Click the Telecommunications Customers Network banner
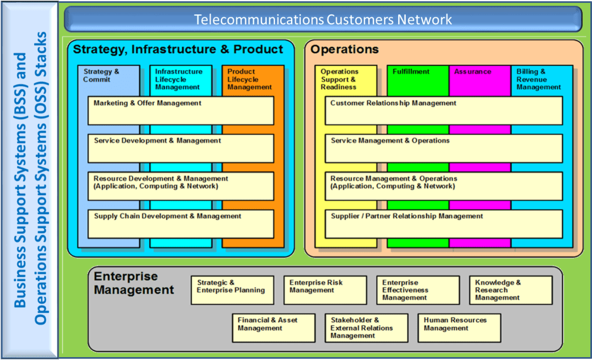coord(323,20)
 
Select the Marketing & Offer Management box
coord(181,111)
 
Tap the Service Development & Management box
coord(181,148)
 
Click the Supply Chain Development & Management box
coord(181,224)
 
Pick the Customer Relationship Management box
coord(443,111)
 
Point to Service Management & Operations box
coord(443,148)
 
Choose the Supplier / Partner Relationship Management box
coord(443,224)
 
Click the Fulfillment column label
coord(411,72)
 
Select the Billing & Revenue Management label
coord(539,79)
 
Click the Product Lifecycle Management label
coord(249,79)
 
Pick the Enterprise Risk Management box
coord(325,290)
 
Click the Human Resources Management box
coord(459,328)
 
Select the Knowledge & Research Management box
coord(510,290)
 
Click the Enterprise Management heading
coord(134,283)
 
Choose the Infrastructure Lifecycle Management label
coord(179,79)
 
